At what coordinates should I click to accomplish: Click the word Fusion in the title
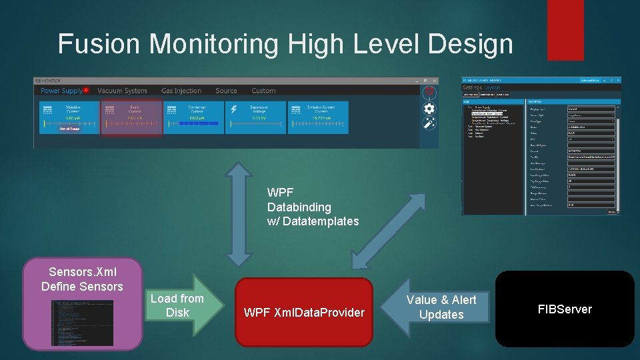pyautogui.click(x=99, y=44)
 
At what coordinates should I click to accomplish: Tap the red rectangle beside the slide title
pyautogui.click(x=547, y=29)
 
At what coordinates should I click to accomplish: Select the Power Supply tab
pyautogui.click(x=62, y=91)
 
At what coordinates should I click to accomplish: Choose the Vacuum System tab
pyautogui.click(x=122, y=91)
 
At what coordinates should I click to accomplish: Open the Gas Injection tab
pyautogui.click(x=181, y=91)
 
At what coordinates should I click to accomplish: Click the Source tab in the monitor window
pyautogui.click(x=226, y=91)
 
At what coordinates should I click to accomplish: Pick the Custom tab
pyautogui.click(x=263, y=91)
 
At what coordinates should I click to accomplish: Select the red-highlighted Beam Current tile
pyautogui.click(x=132, y=117)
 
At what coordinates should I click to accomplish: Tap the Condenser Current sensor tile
pyautogui.click(x=196, y=117)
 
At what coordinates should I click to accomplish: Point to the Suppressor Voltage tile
pyautogui.click(x=259, y=117)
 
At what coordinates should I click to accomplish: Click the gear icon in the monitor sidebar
pyautogui.click(x=429, y=108)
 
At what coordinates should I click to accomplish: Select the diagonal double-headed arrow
pyautogui.click(x=389, y=229)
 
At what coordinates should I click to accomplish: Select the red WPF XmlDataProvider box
pyautogui.click(x=304, y=312)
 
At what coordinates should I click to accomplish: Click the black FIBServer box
pyautogui.click(x=565, y=309)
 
